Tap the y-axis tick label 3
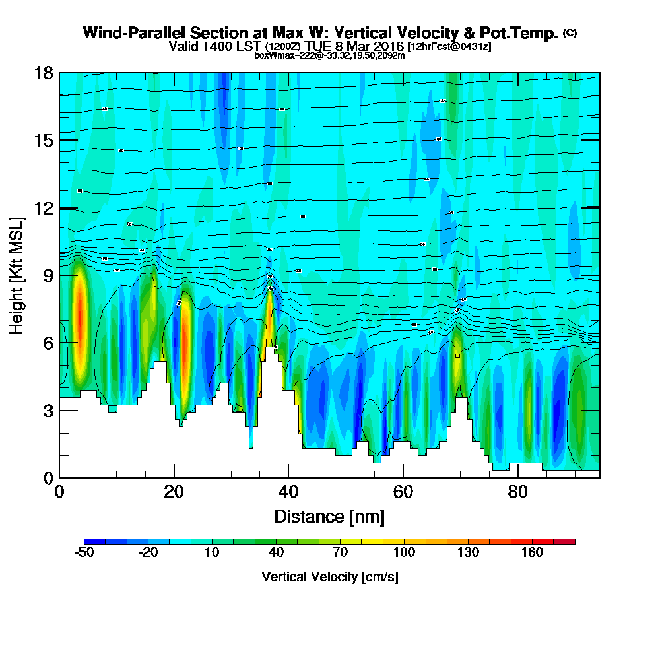coord(48,411)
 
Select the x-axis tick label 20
coord(174,492)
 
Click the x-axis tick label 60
coord(403,492)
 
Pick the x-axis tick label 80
coord(518,492)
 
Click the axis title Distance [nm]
coord(329,516)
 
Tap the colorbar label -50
coord(84,552)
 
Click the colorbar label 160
coord(532,552)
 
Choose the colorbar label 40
coord(276,552)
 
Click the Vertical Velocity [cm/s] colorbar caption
coord(329,577)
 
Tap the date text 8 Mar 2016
coord(373,47)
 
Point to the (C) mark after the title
coord(570,33)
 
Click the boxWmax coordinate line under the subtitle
coord(329,55)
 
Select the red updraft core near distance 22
coord(185,337)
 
